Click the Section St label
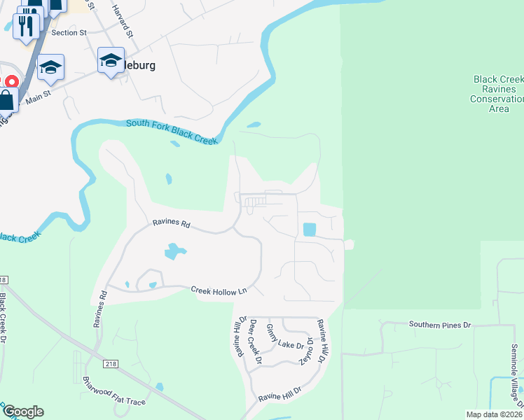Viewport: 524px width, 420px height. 69,32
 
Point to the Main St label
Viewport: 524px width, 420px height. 39,97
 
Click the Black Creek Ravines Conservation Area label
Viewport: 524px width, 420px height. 498,94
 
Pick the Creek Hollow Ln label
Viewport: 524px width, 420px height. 219,290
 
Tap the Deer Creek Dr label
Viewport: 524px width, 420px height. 256,342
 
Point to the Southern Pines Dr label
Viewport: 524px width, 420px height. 441,325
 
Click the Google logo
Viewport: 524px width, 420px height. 23,412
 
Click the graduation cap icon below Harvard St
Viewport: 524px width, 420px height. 111,60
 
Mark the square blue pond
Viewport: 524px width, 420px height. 309,229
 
